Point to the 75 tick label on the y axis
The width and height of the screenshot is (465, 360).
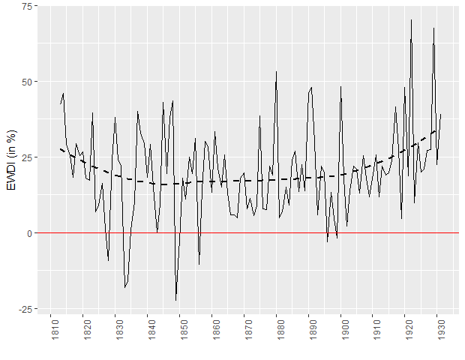coord(26,6)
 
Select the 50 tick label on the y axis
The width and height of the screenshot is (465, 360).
coord(26,82)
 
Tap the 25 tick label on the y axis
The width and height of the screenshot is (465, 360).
coord(26,157)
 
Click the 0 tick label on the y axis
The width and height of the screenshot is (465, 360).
coord(28,233)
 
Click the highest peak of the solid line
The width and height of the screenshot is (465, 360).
coord(411,19)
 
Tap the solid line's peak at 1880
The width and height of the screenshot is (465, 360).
coord(276,71)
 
